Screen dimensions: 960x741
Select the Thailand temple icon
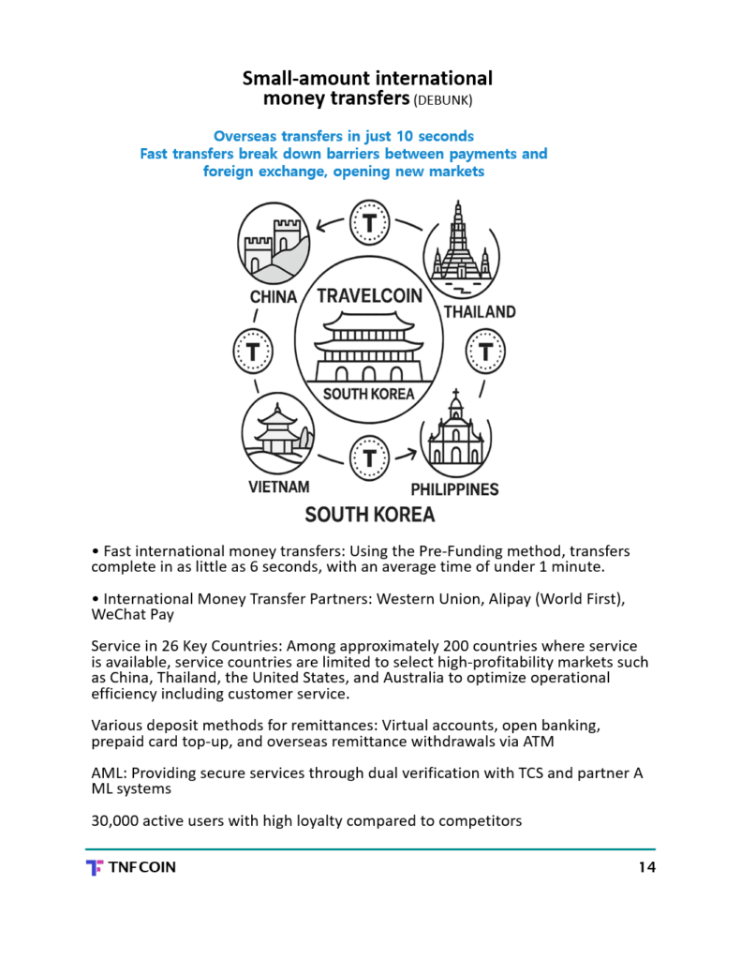coord(459,247)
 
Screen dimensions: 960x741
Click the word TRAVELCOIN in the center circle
coord(369,296)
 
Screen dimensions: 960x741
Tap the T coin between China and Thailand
coord(369,223)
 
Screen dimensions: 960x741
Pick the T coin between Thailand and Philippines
coord(485,352)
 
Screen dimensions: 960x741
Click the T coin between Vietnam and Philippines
coord(369,458)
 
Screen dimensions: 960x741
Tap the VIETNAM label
coord(278,487)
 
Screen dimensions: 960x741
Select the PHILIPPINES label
coord(454,488)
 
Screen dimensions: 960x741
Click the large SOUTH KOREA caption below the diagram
coord(369,515)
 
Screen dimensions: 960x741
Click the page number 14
coord(646,867)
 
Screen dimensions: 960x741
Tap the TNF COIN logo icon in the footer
coord(94,867)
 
